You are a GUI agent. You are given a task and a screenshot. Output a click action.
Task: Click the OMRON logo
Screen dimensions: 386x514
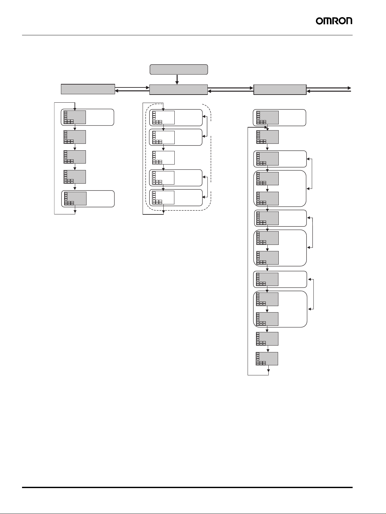334,21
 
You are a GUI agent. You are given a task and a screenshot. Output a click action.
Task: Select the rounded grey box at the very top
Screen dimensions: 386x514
179,70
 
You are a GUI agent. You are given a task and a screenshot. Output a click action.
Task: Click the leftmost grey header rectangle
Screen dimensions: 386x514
88,89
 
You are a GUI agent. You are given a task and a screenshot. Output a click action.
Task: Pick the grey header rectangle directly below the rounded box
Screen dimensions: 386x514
179,90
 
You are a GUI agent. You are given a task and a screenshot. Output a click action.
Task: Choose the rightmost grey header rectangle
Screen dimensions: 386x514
280,90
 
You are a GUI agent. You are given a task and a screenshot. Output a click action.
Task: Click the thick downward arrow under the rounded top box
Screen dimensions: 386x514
177,79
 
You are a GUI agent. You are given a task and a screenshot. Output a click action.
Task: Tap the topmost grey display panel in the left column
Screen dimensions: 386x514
75,117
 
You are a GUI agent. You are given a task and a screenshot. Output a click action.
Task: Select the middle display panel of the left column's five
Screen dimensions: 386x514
75,157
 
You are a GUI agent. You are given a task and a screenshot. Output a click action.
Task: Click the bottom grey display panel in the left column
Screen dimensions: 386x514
75,198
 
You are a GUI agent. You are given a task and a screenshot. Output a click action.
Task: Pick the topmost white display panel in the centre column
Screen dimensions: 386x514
163,118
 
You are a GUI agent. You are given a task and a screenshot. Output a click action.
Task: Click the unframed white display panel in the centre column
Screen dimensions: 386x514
163,157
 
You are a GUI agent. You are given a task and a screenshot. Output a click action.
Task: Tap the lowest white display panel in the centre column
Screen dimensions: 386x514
163,198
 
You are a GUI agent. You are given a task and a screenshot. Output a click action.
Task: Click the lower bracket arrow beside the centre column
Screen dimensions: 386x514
206,187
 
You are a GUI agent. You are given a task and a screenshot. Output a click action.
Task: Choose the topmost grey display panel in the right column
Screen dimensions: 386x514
267,118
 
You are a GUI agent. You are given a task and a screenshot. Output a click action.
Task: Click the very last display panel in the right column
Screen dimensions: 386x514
267,359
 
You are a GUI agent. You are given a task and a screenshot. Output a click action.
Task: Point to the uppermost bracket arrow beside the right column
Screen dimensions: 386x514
312,173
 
